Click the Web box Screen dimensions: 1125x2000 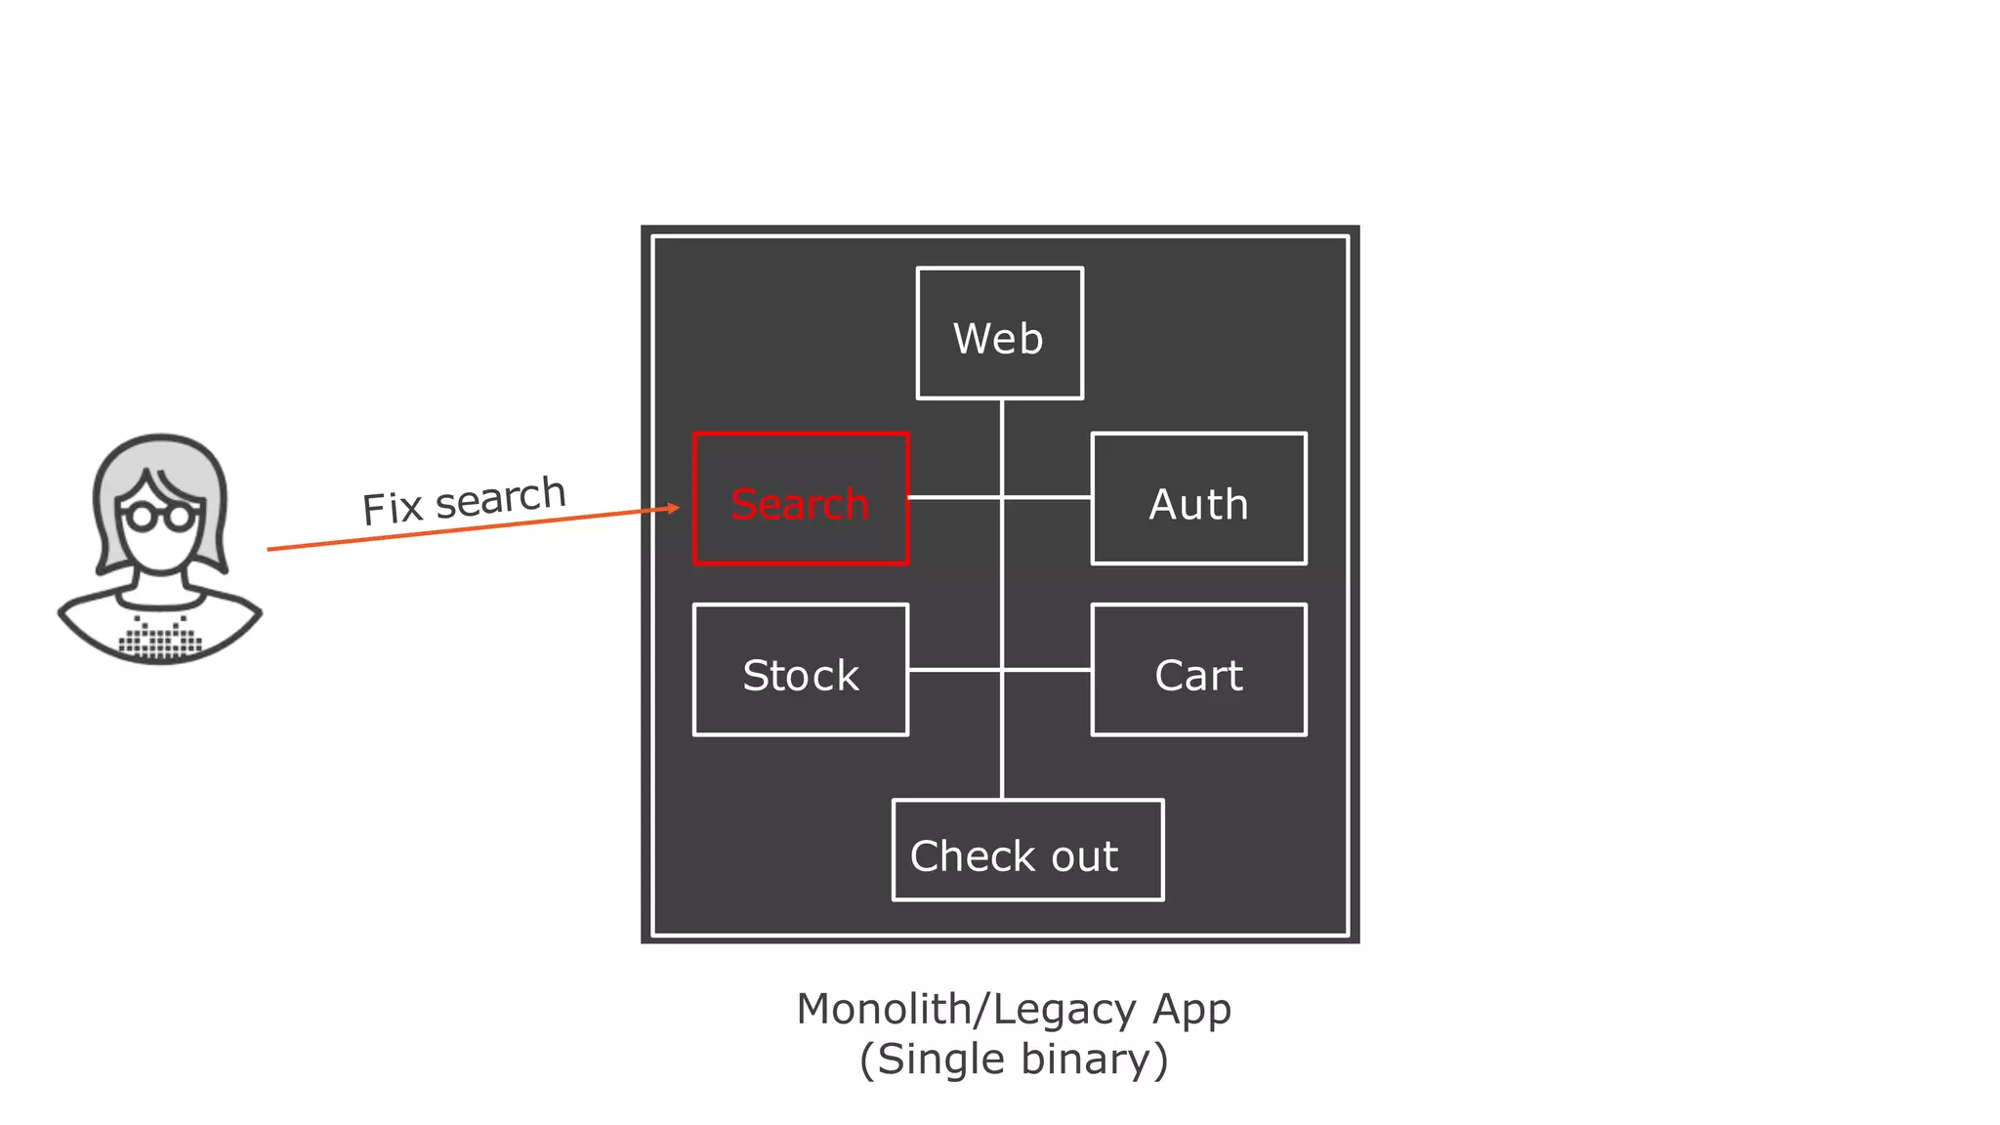click(999, 334)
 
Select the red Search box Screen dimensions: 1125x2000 click(800, 499)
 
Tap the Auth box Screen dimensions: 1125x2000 click(1198, 499)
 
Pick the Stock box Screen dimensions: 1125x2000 click(800, 670)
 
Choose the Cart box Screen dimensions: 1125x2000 click(1198, 670)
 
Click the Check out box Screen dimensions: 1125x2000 click(1027, 851)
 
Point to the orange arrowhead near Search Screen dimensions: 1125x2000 click(672, 508)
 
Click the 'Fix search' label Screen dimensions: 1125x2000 click(464, 501)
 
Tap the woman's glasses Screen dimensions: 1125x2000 click(161, 515)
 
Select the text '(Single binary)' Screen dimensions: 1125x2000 click(1014, 1060)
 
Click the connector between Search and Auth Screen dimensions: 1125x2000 click(999, 498)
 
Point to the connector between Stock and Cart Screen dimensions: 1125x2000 click(999, 670)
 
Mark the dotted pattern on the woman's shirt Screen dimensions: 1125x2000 click(160, 638)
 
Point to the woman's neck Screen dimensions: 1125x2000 click(161, 578)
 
